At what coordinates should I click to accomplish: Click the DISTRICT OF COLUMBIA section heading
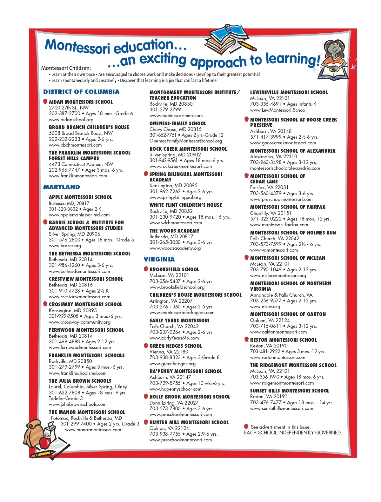click(81, 92)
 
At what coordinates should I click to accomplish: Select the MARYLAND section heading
click(62, 187)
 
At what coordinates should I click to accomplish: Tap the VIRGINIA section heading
click(159, 259)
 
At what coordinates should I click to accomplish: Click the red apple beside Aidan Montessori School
click(45, 102)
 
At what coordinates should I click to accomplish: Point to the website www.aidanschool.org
click(71, 120)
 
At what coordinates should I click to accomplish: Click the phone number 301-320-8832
click(63, 209)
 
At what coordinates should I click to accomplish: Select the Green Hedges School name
click(176, 346)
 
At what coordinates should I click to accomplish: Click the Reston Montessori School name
click(283, 340)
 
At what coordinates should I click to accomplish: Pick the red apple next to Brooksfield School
click(146, 269)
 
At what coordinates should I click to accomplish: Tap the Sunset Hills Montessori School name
click(290, 391)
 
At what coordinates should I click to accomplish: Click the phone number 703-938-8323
click(165, 357)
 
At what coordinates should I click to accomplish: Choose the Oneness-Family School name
click(177, 123)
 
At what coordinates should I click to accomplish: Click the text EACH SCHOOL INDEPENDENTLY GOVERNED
click(293, 433)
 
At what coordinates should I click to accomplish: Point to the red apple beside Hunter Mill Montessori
click(146, 422)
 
